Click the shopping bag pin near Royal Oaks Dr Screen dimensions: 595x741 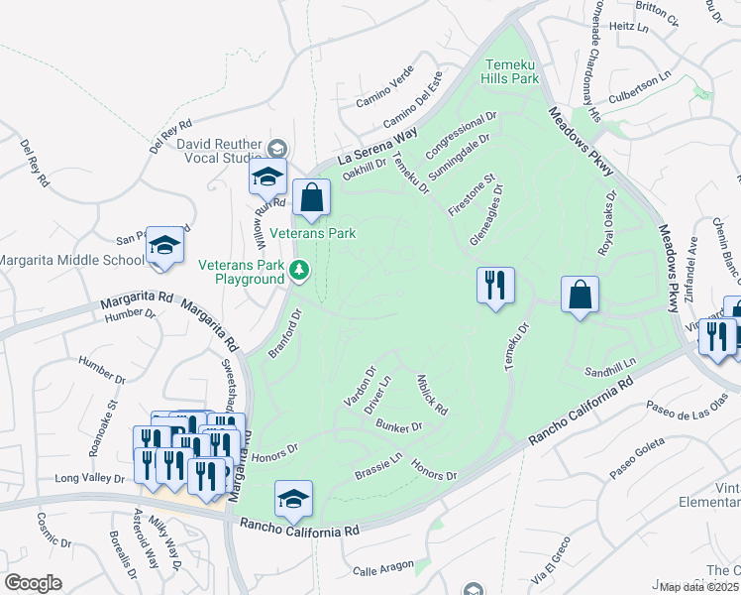pos(580,295)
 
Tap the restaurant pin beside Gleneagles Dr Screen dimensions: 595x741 pos(494,286)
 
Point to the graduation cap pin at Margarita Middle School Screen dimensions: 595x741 pos(165,247)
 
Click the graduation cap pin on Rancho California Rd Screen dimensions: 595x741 pos(293,500)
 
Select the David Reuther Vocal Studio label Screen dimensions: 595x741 pos(219,151)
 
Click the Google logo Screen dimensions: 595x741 pos(33,583)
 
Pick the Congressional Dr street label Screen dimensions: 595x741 pos(460,137)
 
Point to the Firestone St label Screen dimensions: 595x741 pos(472,196)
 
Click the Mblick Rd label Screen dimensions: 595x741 pos(433,395)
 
